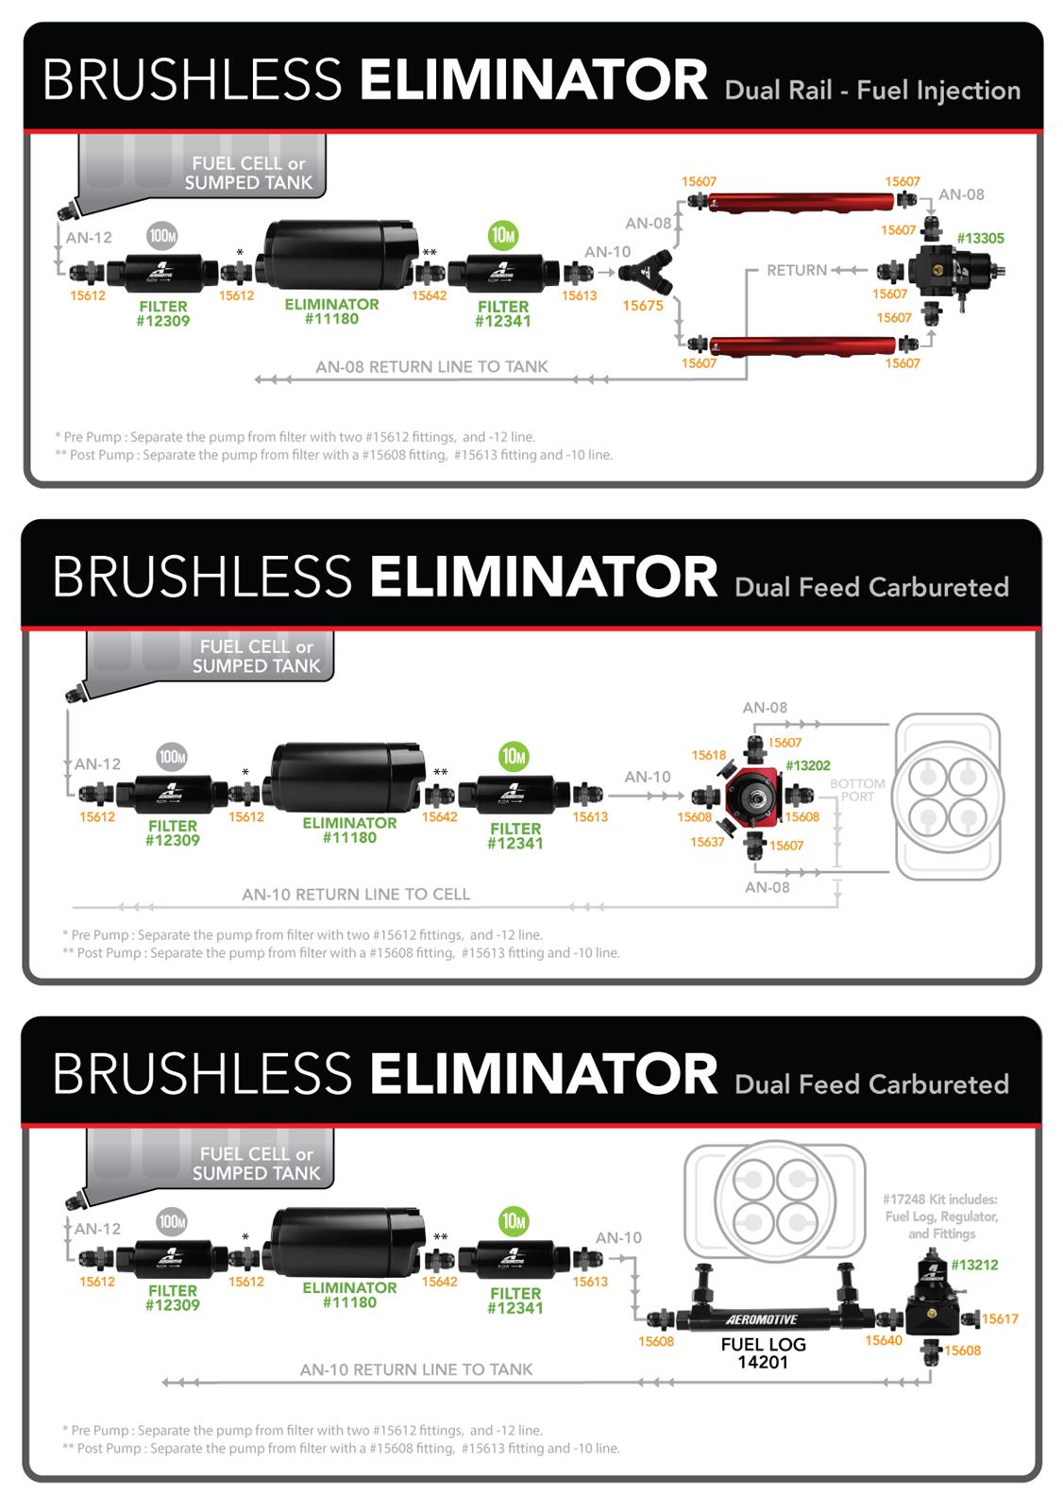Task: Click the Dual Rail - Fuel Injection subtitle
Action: pos(872,91)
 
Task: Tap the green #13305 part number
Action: pos(980,239)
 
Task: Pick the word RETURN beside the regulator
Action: pos(797,271)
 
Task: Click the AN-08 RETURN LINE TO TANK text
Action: pos(431,367)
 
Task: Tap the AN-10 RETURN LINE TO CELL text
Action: pos(356,895)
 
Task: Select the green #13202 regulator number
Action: pos(807,766)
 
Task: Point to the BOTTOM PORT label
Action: pos(857,790)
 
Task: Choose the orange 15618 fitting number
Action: pos(709,755)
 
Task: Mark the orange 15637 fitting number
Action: pos(707,842)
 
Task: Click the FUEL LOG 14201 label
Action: pos(762,1353)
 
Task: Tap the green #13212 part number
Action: pos(974,1265)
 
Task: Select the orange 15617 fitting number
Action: pos(1000,1319)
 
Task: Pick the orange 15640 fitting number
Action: pos(884,1340)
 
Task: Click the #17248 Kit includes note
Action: pos(940,1216)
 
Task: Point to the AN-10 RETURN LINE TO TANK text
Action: pos(416,1369)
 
